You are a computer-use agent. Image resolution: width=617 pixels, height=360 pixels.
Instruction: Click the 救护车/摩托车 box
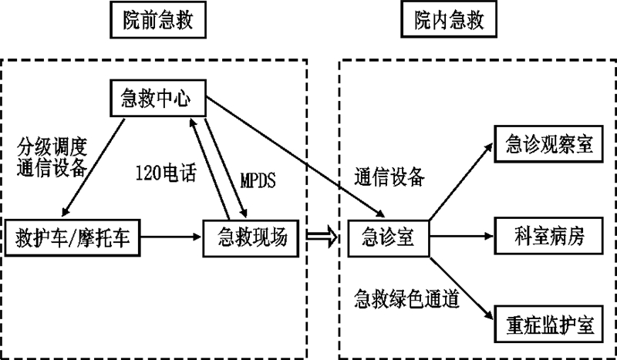73,238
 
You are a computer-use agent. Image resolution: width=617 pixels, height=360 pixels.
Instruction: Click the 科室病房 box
548,238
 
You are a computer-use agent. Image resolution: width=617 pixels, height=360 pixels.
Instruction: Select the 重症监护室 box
548,325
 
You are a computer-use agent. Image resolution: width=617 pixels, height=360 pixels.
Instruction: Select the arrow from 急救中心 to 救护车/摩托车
94,165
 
